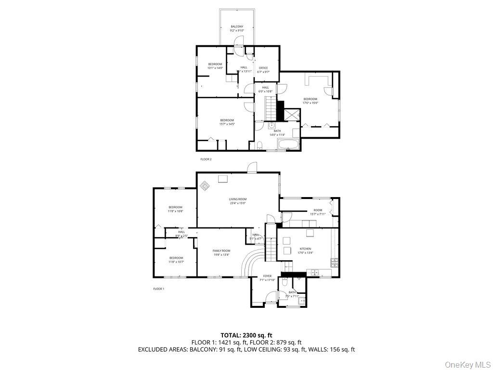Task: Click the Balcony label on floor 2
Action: click(x=237, y=28)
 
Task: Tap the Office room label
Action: click(x=263, y=70)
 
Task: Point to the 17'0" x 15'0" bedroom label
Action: click(x=310, y=101)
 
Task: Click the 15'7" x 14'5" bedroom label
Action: click(x=227, y=122)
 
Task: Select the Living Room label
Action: click(x=238, y=201)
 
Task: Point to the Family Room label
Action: click(x=221, y=252)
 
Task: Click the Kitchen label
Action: click(x=305, y=251)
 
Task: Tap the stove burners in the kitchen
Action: click(x=334, y=263)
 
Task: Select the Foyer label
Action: click(x=267, y=278)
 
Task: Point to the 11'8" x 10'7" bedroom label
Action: click(x=176, y=260)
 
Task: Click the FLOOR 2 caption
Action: click(x=206, y=159)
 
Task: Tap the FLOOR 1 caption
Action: click(x=159, y=289)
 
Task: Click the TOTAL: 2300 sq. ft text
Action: click(x=246, y=335)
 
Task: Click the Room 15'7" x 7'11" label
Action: click(x=318, y=212)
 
